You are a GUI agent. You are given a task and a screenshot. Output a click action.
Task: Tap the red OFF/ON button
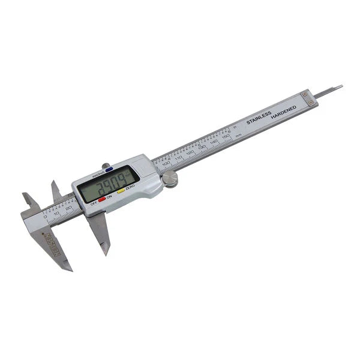[102, 199]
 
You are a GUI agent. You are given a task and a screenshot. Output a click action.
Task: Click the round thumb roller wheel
[170, 179]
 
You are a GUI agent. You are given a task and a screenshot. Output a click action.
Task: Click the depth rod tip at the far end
[340, 87]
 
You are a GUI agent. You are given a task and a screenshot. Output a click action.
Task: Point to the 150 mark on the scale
[226, 137]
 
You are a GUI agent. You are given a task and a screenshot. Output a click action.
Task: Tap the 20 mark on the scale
[68, 207]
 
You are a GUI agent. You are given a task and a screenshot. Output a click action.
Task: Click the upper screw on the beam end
[305, 94]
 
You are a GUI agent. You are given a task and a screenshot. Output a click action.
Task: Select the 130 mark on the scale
[202, 148]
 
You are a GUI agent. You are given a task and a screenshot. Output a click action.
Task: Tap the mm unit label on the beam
[238, 136]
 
